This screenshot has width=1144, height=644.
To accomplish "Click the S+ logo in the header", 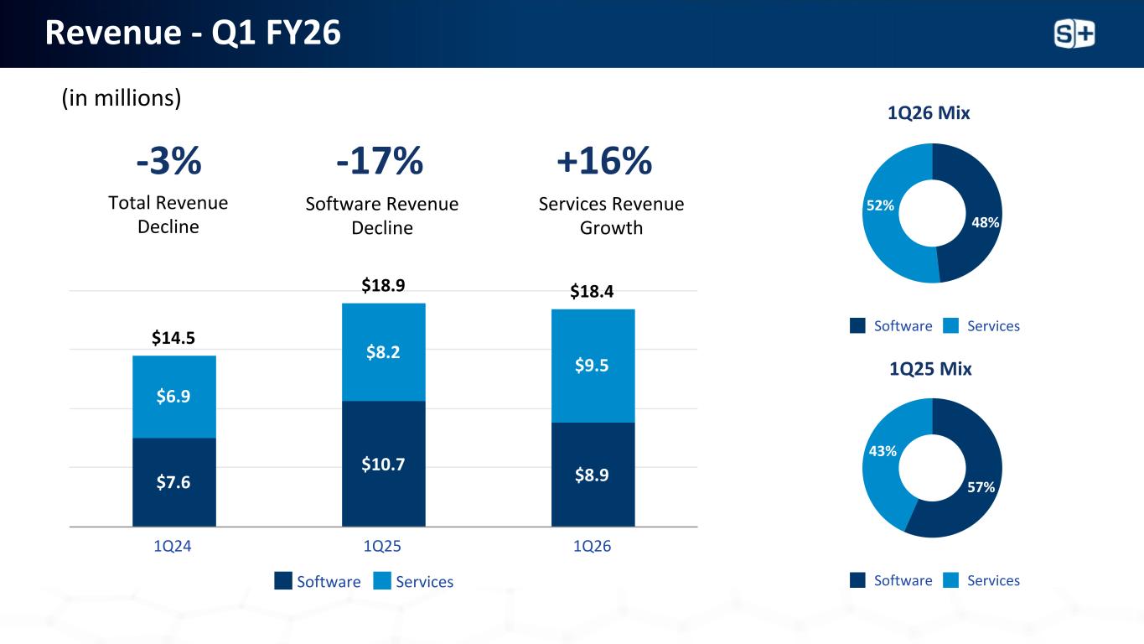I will (1074, 34).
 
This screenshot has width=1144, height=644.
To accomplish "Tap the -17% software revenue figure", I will (379, 161).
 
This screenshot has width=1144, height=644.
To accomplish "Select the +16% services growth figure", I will (603, 161).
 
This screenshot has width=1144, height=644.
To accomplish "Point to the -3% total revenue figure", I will (168, 161).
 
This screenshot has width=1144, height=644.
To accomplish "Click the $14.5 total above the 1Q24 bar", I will (173, 338).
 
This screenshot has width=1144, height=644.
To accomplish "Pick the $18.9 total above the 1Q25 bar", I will (383, 286).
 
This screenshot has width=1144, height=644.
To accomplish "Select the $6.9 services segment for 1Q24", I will (173, 396).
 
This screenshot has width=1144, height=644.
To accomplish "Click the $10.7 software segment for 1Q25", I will (383, 463).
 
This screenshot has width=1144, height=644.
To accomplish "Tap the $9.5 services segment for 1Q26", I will (593, 365).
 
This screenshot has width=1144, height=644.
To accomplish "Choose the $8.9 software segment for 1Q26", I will (593, 475).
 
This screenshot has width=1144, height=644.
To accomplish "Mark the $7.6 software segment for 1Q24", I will (173, 482).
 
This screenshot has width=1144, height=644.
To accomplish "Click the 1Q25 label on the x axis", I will (383, 547).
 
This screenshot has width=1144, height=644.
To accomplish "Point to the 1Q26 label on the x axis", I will (593, 547).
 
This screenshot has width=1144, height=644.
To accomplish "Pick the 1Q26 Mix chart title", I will (929, 113).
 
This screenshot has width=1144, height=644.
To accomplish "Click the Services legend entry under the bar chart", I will (414, 582).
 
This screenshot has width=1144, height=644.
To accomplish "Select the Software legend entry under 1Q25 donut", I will (892, 580).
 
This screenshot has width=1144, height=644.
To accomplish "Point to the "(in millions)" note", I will (122, 99).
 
